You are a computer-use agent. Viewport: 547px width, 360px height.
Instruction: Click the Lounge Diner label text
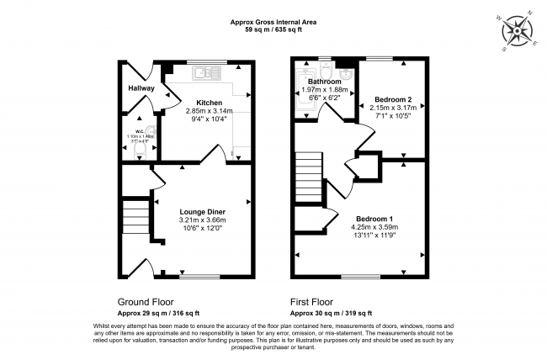(x=201, y=211)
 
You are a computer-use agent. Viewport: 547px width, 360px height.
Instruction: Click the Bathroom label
(x=324, y=82)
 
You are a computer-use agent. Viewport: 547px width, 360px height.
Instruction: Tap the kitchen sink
(x=203, y=73)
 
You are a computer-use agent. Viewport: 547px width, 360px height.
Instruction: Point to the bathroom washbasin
(x=346, y=71)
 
